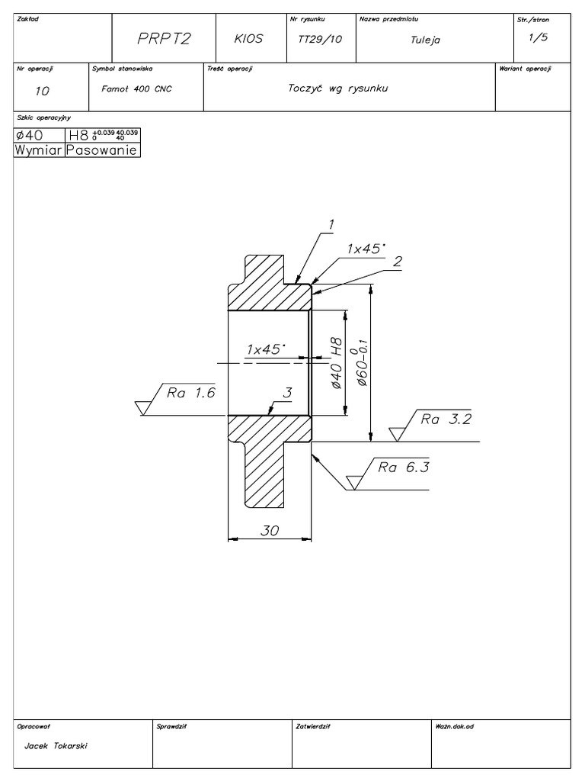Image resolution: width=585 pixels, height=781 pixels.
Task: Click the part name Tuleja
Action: [425, 40]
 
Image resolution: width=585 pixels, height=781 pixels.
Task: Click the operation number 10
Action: [42, 91]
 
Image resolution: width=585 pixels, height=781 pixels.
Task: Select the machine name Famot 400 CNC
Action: [136, 89]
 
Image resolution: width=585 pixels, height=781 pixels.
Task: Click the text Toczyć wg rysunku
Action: [338, 88]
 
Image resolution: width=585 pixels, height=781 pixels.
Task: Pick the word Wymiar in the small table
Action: [40, 150]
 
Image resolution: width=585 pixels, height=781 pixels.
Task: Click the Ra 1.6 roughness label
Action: [192, 393]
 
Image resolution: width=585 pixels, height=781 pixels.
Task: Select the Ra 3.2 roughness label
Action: [446, 419]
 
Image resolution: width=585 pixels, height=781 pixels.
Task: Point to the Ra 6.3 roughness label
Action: [404, 468]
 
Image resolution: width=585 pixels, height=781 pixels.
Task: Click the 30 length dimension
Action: [270, 532]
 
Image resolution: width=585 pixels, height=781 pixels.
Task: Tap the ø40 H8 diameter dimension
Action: [336, 365]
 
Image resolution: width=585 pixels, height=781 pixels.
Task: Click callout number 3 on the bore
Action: [287, 393]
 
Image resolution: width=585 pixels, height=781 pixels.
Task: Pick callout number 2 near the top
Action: [397, 261]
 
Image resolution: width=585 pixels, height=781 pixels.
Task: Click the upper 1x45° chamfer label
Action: [366, 249]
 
